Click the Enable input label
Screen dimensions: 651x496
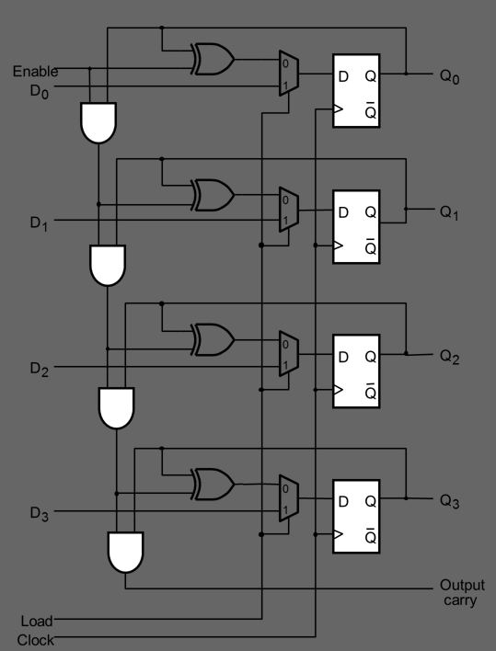(35, 71)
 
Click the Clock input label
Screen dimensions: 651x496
(35, 639)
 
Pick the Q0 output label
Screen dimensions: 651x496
(450, 77)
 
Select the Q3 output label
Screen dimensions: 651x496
(450, 502)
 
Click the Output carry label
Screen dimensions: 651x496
(461, 592)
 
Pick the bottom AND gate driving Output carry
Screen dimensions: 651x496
(124, 551)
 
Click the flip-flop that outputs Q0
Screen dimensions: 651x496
(356, 91)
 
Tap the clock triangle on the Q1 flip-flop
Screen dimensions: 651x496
(338, 246)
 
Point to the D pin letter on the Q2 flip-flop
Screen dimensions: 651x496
(343, 356)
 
